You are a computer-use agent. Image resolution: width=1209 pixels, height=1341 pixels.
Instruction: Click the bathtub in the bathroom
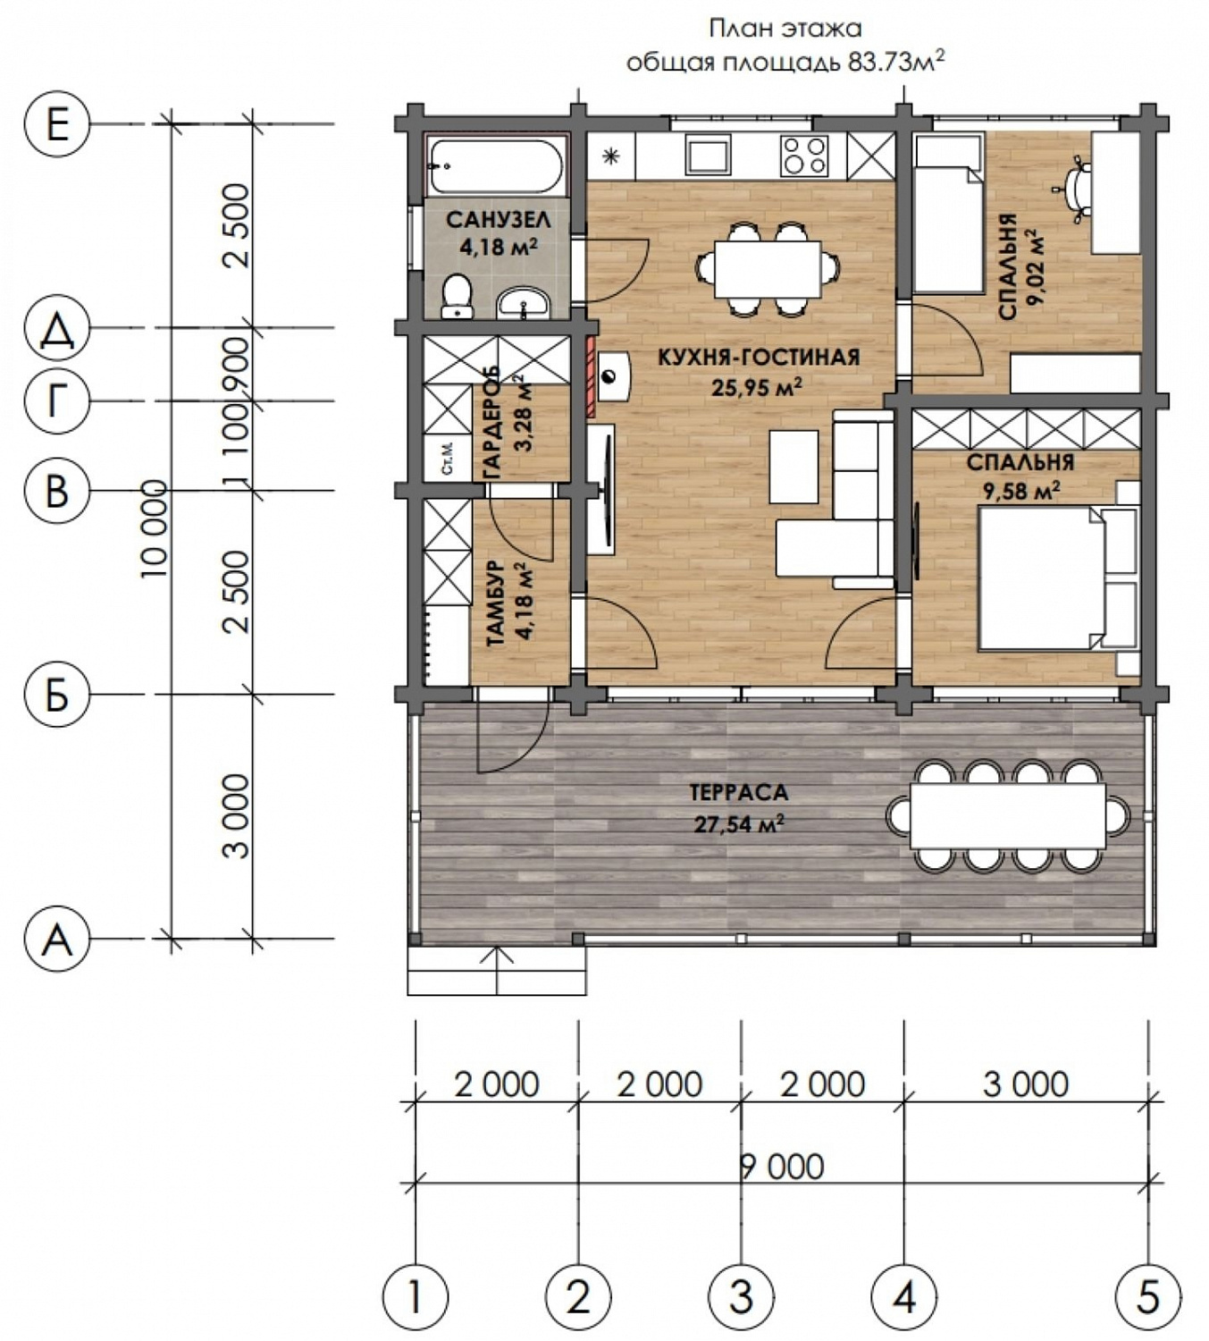tap(497, 164)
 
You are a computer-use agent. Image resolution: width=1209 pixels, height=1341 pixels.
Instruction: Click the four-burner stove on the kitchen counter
tap(804, 156)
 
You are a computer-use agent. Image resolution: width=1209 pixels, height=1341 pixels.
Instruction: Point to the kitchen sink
tap(708, 157)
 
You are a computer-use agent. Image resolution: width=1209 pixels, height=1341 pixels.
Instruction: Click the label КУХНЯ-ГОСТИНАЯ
tap(759, 358)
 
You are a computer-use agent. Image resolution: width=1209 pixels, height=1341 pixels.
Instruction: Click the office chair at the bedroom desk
tap(1075, 186)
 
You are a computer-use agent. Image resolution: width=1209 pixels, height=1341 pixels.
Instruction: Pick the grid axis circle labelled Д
tap(57, 328)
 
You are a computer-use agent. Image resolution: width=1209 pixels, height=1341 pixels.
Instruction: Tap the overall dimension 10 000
tap(155, 528)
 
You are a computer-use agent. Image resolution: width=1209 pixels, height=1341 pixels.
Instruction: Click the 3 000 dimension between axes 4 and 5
tap(1026, 1084)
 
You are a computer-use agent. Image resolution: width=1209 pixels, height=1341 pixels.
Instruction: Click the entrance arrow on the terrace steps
tap(497, 970)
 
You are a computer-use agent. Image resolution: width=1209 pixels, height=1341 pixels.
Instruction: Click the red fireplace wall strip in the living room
tap(591, 377)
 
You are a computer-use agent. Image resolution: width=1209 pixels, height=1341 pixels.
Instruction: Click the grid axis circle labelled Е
tap(57, 124)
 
